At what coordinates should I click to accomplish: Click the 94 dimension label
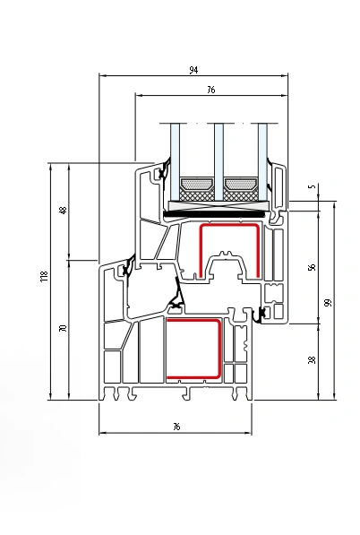click(193, 70)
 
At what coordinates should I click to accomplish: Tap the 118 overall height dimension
click(44, 276)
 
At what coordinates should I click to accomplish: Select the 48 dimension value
click(64, 211)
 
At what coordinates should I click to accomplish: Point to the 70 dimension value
click(63, 328)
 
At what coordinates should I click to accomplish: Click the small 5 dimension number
click(312, 186)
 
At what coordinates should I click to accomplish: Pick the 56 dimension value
click(312, 267)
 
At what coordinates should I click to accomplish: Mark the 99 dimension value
click(328, 303)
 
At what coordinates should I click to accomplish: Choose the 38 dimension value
click(312, 359)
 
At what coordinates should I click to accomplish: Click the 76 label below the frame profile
click(176, 427)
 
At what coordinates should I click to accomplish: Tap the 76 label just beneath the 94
click(211, 90)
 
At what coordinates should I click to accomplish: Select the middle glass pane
click(219, 162)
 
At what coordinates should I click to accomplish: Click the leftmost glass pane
click(175, 162)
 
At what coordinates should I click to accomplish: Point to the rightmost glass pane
click(262, 162)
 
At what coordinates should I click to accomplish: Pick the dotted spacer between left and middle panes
click(197, 185)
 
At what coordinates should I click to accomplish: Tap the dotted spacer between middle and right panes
click(241, 185)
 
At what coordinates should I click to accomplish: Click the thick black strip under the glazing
click(215, 214)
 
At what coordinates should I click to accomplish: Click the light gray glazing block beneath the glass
click(219, 205)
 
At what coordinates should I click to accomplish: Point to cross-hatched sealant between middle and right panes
click(241, 196)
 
